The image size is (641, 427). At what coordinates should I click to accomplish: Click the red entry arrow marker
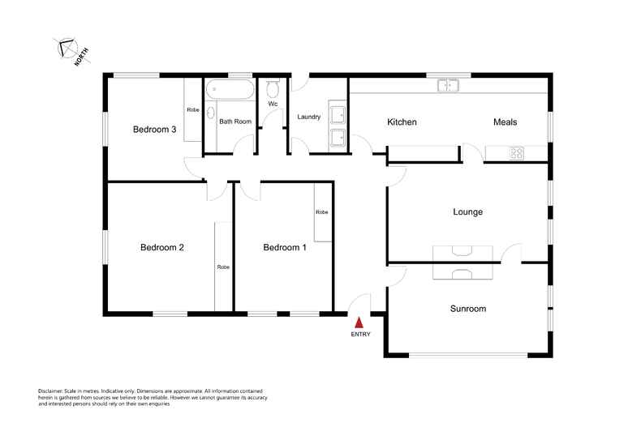[358, 322]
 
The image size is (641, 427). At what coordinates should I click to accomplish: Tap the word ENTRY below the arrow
[359, 335]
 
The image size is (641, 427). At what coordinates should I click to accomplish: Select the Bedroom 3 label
[155, 129]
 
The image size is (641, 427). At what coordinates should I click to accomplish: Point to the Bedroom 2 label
[161, 247]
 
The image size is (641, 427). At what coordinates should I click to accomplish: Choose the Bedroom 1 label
[284, 247]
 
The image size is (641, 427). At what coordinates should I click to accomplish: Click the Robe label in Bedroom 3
[192, 109]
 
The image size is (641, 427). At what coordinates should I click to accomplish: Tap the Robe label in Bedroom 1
[321, 211]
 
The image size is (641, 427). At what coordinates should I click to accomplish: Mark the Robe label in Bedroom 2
[222, 267]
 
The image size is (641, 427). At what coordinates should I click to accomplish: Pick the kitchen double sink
[447, 85]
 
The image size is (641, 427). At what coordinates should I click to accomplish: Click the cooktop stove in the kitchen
[516, 152]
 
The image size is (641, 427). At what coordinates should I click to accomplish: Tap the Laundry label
[308, 117]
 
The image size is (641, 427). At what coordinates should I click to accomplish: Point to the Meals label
[505, 122]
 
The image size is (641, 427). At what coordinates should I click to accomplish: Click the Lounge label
[467, 212]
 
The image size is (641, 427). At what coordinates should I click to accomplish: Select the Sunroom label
[467, 309]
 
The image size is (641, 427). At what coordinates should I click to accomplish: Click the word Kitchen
[402, 122]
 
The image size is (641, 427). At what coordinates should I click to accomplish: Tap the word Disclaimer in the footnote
[52, 390]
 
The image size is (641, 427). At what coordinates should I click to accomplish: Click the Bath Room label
[235, 122]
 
